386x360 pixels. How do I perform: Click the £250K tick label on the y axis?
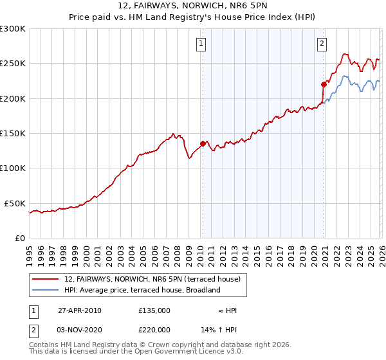(12, 64)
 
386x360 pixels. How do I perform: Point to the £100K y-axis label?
(12, 168)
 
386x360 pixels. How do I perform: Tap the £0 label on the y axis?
(19, 238)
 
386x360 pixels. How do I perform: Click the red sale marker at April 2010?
(203, 144)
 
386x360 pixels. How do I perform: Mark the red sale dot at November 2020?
(324, 84)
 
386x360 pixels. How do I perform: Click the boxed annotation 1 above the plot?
(202, 44)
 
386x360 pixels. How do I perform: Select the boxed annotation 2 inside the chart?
(322, 44)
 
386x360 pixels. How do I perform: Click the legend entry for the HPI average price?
(142, 290)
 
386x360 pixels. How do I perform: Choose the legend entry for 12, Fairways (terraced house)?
(152, 279)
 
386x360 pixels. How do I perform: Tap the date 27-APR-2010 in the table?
(80, 310)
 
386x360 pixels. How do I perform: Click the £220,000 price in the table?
(154, 329)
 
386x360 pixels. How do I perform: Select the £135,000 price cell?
(154, 310)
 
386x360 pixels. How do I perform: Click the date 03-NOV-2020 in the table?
(80, 329)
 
